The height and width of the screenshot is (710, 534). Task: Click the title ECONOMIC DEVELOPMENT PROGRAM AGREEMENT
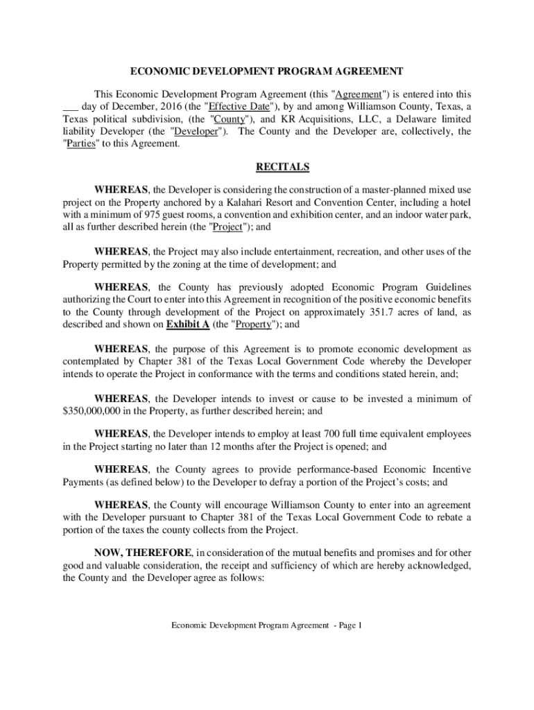267,71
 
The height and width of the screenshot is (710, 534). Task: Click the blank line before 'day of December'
70,107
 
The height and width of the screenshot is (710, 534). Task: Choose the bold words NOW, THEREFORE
143,553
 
